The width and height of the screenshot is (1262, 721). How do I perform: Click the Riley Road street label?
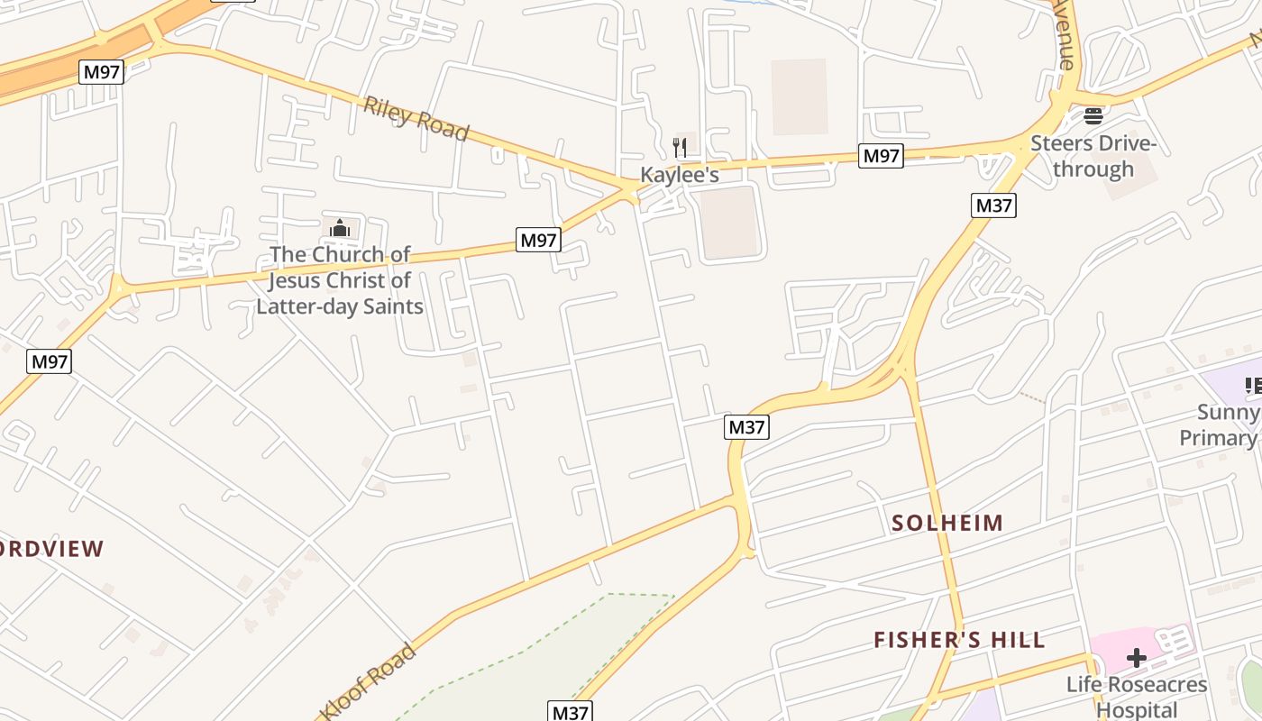coord(416,118)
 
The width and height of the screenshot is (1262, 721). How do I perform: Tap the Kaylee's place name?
coord(680,175)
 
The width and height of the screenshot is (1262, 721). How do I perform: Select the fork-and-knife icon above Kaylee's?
coord(681,147)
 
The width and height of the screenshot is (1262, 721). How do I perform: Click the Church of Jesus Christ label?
coord(340,280)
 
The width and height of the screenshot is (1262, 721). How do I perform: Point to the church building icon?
coord(340,228)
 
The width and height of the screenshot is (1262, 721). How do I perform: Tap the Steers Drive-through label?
coord(1093,156)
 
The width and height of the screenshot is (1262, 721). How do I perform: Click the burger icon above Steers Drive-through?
coord(1093,115)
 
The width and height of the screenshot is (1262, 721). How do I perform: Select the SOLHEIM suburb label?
coord(946,523)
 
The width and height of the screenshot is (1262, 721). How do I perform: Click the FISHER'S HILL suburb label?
coord(959,640)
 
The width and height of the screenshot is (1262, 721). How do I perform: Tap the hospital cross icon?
coord(1137,658)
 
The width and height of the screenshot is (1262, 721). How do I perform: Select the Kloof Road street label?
coord(368,682)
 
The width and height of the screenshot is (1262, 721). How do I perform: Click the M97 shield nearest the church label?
coord(539,240)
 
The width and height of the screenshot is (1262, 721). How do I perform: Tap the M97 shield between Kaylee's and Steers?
coord(881,156)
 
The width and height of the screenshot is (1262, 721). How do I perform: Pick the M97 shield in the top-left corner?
coord(101,72)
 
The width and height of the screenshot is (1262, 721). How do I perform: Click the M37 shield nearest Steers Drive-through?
coord(993,205)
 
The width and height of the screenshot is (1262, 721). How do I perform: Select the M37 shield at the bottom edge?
coord(570,712)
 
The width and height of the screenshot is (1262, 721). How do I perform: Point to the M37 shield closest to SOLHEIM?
coord(746,427)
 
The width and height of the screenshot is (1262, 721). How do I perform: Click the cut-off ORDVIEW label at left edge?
coord(52,549)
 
